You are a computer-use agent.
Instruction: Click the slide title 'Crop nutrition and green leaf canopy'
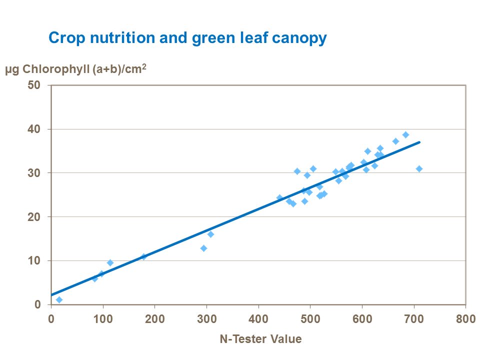click(187, 38)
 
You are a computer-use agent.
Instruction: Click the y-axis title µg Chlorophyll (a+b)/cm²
click(75, 69)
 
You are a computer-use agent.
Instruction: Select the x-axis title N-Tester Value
click(260, 339)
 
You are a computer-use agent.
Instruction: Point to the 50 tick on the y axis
click(40, 85)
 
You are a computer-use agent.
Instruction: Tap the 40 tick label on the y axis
click(40, 129)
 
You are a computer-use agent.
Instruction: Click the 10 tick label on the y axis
click(40, 260)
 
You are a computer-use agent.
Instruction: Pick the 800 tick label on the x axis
click(466, 318)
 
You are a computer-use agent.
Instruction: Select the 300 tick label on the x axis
click(206, 318)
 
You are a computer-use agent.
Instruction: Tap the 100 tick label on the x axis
click(103, 318)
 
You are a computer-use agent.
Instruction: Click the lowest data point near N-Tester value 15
click(59, 299)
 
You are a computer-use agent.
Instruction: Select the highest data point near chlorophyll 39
click(405, 134)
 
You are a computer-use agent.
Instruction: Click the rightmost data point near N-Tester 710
click(419, 168)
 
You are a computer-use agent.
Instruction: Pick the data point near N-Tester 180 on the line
click(144, 256)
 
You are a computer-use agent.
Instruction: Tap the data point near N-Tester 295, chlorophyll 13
click(203, 248)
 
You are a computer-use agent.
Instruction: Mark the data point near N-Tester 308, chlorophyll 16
click(210, 234)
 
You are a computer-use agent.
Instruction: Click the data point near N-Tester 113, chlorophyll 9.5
click(110, 262)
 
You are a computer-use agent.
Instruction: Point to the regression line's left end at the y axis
click(51, 295)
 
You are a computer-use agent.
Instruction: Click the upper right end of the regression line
click(419, 142)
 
